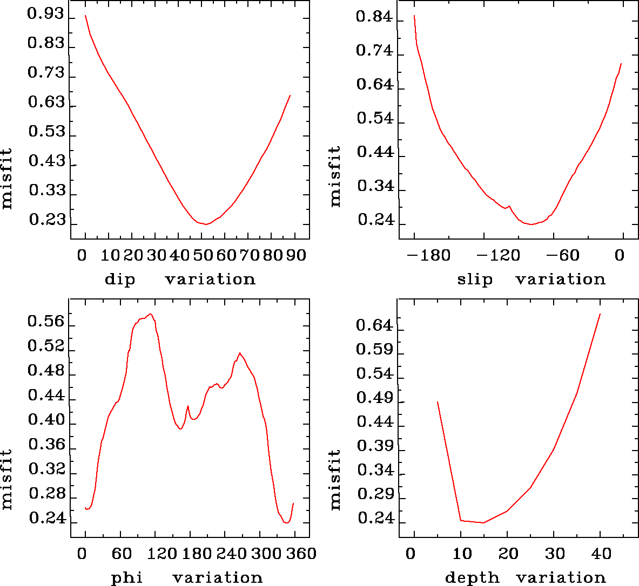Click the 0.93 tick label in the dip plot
point(45,15)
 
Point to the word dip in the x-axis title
point(120,280)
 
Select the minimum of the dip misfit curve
point(205,224)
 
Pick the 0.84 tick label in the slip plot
point(374,17)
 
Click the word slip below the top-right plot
point(475,280)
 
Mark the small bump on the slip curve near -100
point(509,206)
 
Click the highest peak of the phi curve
point(151,314)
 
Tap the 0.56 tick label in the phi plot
point(46,322)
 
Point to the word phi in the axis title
point(126,578)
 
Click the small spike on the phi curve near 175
point(187,406)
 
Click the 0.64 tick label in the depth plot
point(374,325)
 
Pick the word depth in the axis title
point(472,578)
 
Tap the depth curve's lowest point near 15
point(483,522)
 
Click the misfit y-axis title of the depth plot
point(335,480)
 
